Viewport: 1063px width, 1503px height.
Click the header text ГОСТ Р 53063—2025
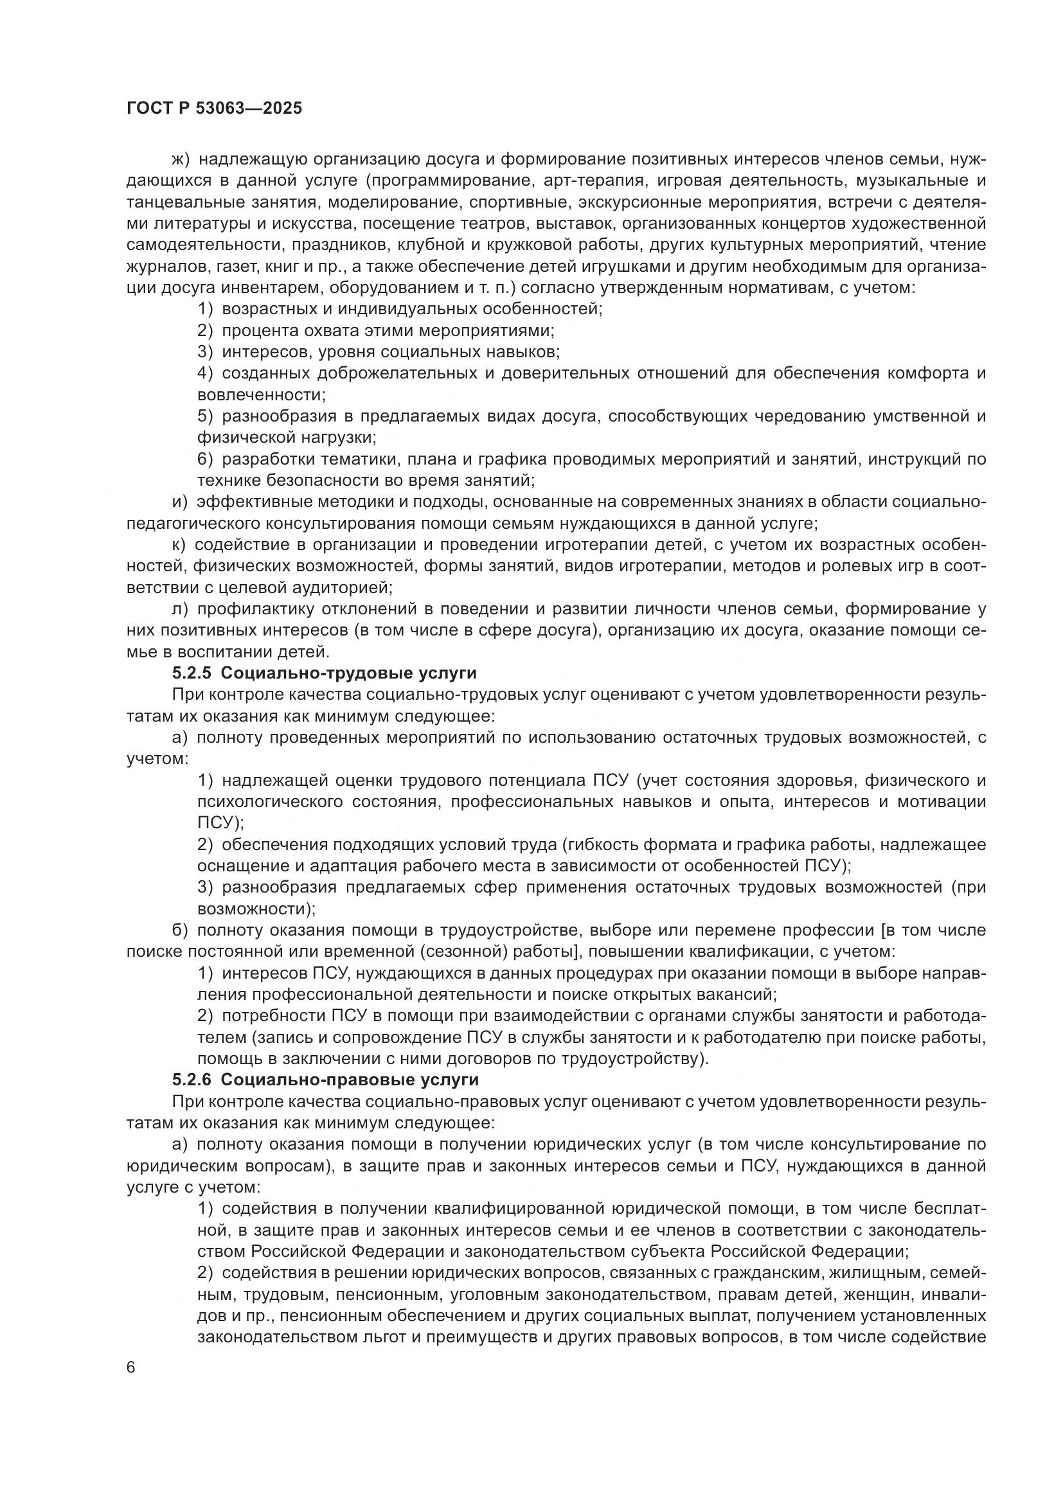pos(214,109)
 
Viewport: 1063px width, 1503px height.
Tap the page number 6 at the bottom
pos(131,1368)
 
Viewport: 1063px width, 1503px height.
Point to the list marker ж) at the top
pos(179,160)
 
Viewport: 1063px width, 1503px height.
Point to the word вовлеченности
pos(260,395)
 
